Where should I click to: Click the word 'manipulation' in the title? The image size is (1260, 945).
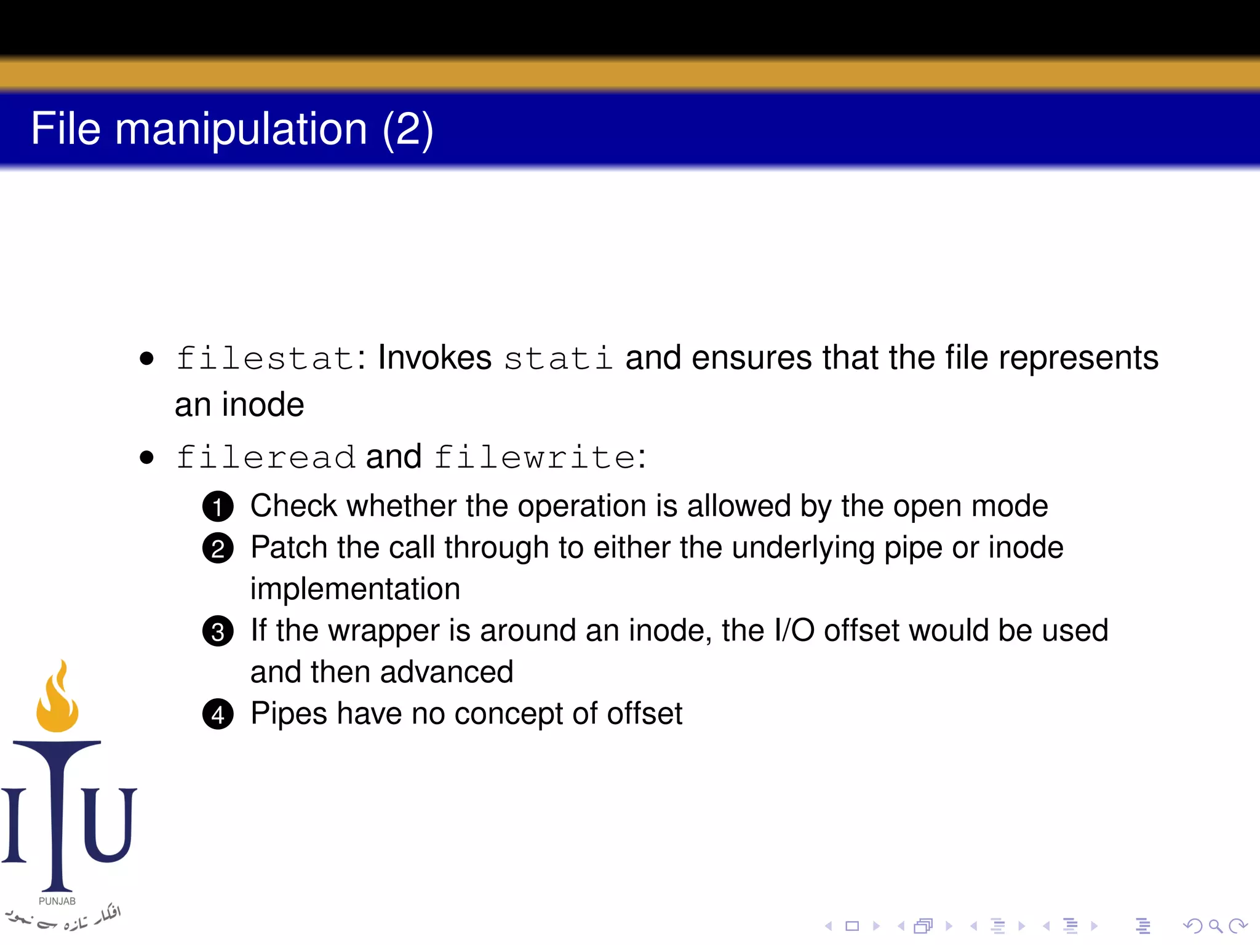pyautogui.click(x=241, y=129)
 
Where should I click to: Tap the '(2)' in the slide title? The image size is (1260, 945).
pyautogui.click(x=408, y=129)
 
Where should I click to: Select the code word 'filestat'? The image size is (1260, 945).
pyautogui.click(x=265, y=358)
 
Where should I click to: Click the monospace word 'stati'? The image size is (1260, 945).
pyautogui.click(x=558, y=358)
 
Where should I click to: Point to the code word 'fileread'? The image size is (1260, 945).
pyautogui.click(x=266, y=457)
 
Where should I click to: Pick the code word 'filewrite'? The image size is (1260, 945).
pyautogui.click(x=535, y=457)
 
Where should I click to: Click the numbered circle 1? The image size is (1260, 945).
pyautogui.click(x=218, y=507)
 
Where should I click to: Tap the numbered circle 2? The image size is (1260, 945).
pyautogui.click(x=218, y=549)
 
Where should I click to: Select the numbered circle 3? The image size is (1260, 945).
pyautogui.click(x=218, y=632)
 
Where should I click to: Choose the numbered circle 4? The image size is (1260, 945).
pyautogui.click(x=218, y=715)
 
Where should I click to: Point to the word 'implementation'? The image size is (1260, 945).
pyautogui.click(x=355, y=589)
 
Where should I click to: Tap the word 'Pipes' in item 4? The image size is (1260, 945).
pyautogui.click(x=289, y=714)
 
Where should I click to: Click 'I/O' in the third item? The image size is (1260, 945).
pyautogui.click(x=794, y=631)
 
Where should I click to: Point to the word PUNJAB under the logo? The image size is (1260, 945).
pyautogui.click(x=57, y=901)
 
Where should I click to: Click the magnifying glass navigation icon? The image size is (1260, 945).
pyautogui.click(x=1214, y=925)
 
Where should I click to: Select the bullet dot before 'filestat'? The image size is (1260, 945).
pyautogui.click(x=146, y=359)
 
